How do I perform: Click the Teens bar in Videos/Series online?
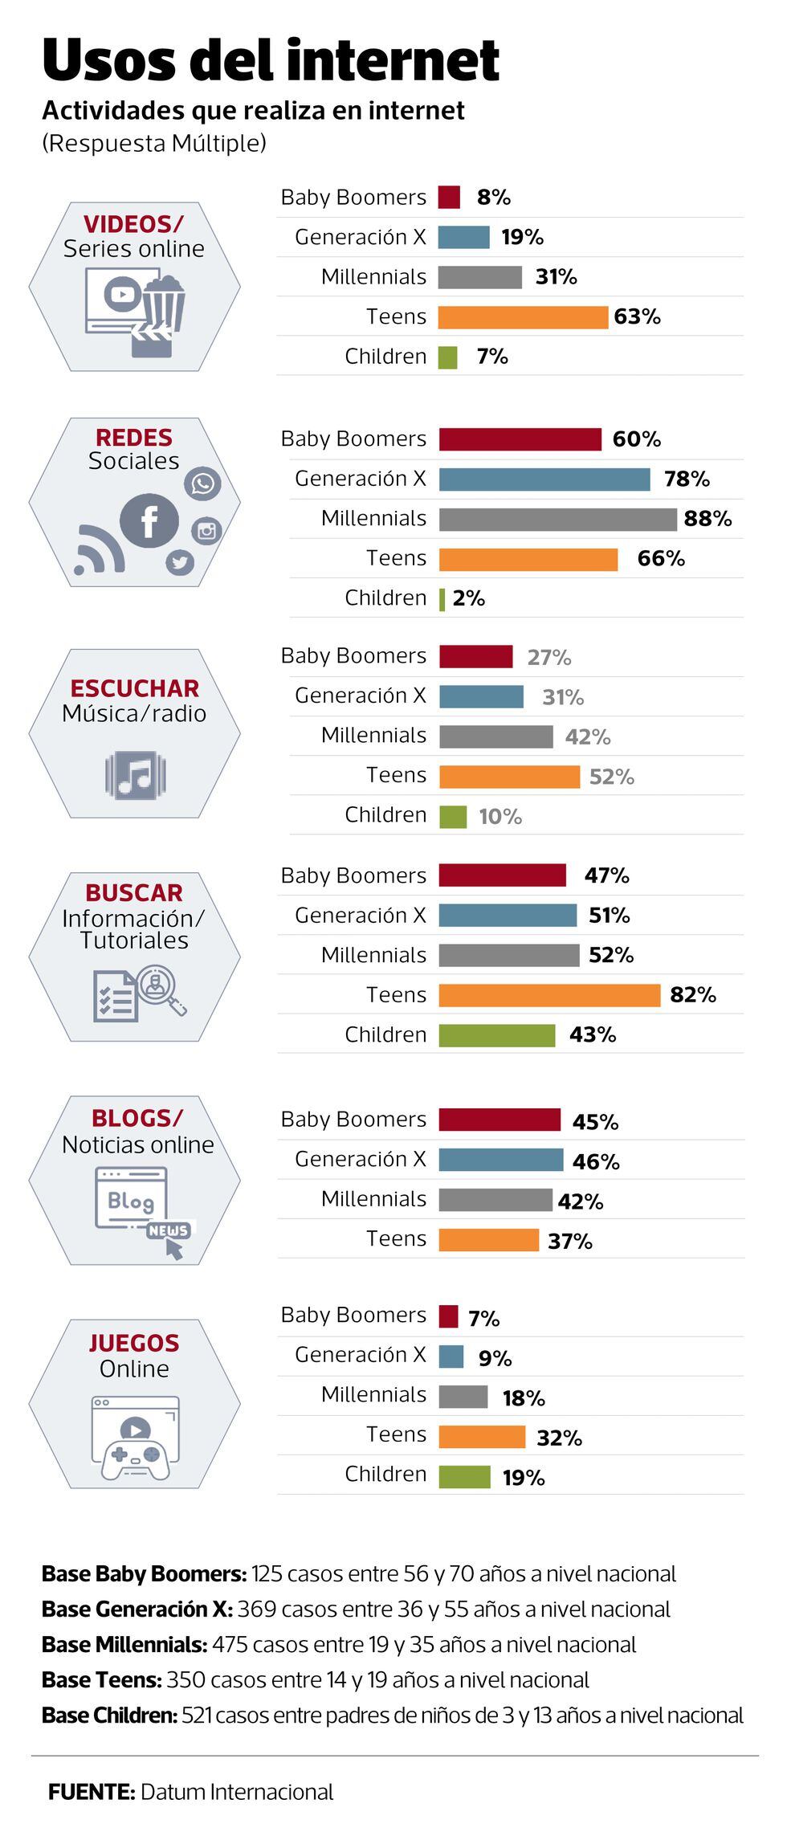pos(523,317)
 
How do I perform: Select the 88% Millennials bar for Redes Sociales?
pos(557,520)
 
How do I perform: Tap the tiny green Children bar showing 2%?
pos(442,599)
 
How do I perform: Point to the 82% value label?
pos(692,995)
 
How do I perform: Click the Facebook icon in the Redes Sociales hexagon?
pos(149,521)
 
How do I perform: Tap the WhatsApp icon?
pos(202,483)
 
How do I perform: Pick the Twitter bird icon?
pos(180,562)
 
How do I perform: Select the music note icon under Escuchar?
pos(135,775)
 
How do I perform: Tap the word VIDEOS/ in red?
pos(133,224)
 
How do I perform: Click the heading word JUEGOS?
pos(134,1343)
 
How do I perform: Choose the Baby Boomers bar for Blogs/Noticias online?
pos(500,1120)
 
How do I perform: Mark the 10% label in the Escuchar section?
pos(500,817)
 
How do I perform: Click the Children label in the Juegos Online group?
pos(385,1474)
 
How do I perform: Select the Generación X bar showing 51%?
pos(508,916)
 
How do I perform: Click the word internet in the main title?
pos(393,60)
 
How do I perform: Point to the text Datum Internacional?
pos(236,1792)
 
